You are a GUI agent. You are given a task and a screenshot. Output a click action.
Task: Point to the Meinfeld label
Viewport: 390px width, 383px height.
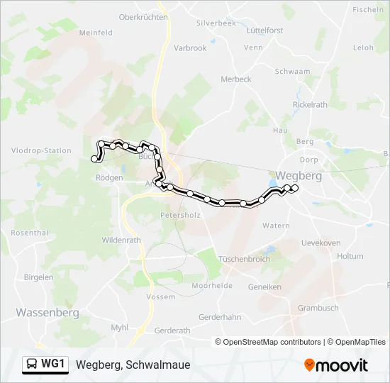click(x=96, y=33)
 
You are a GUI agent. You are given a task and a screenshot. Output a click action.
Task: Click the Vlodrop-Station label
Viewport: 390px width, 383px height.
click(x=42, y=150)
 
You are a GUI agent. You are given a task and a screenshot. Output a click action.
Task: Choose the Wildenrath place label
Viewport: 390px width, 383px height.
click(x=123, y=240)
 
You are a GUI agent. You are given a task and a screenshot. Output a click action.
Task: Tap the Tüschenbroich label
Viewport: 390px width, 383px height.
click(x=245, y=259)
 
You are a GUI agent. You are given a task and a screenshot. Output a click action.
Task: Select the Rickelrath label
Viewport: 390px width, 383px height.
click(x=311, y=105)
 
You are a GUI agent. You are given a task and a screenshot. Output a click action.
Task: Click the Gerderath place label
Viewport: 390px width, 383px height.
click(x=172, y=331)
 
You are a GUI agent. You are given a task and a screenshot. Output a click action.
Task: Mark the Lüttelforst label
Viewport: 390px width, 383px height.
click(x=264, y=30)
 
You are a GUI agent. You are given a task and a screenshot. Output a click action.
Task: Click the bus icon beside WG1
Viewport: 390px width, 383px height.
click(x=32, y=365)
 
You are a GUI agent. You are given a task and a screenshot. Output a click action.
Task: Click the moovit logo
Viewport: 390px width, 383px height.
click(x=336, y=365)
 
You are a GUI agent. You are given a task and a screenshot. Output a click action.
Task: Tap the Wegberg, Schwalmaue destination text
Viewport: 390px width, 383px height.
click(x=133, y=365)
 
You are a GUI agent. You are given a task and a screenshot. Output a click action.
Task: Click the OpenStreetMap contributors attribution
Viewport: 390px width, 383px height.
click(x=272, y=342)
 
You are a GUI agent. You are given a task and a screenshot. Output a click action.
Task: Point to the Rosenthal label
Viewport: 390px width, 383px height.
click(x=29, y=233)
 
